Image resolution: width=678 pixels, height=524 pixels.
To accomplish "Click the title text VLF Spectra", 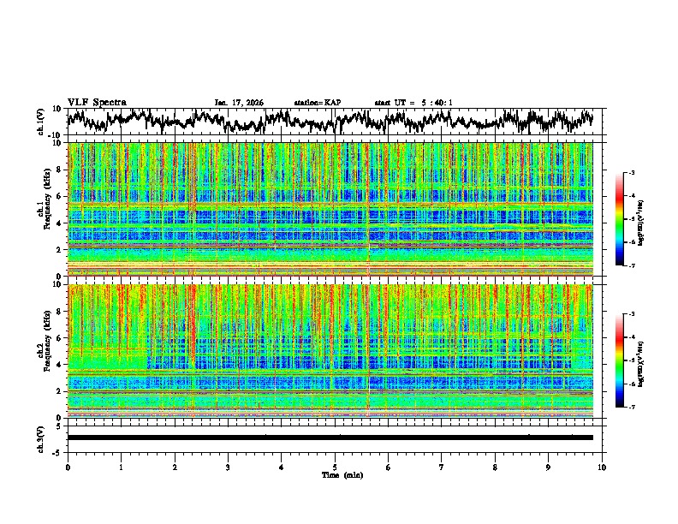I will [97, 102].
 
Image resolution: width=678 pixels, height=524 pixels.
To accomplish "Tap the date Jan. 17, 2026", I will [239, 103].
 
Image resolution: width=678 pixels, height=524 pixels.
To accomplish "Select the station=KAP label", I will [318, 103].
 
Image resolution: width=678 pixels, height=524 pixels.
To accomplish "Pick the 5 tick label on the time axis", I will [336, 467].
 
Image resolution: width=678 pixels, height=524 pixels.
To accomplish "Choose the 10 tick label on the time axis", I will [603, 467].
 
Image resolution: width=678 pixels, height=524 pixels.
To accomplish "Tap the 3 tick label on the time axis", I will [229, 467].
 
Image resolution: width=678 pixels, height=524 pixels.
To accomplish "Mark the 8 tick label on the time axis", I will [496, 467].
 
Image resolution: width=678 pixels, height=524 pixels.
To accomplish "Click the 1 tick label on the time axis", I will [122, 467].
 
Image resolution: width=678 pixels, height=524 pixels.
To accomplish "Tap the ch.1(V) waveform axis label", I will [42, 122].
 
